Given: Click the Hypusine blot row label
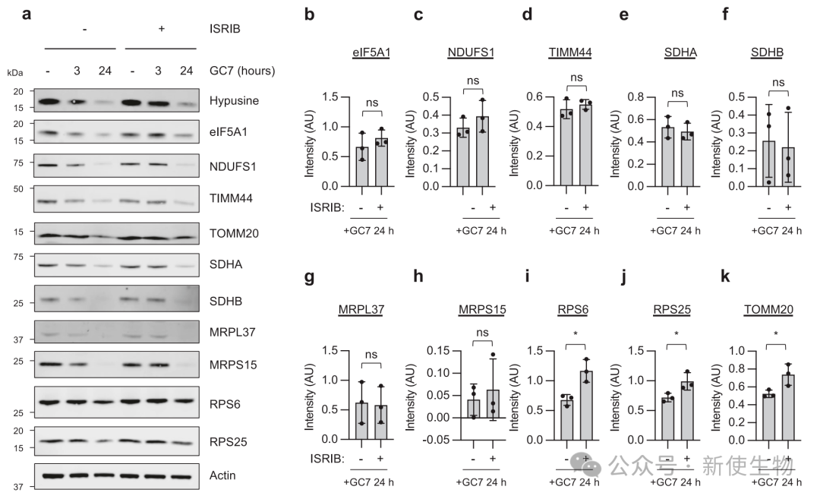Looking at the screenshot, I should (x=235, y=100).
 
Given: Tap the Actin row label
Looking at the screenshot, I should (x=222, y=475).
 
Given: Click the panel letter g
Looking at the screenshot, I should (x=309, y=277).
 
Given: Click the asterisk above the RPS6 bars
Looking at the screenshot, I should (x=576, y=335).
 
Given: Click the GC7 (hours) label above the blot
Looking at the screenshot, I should (x=241, y=71).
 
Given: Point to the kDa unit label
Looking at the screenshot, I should (x=14, y=72).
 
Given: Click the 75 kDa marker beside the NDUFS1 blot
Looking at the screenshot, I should (x=17, y=163).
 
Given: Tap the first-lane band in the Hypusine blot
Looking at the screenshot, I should (x=49, y=101).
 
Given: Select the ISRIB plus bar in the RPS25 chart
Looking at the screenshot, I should (x=686, y=410).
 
